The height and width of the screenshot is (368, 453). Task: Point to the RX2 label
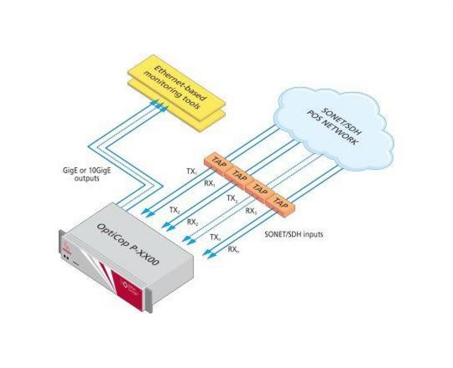193,221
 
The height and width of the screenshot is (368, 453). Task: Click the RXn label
234,249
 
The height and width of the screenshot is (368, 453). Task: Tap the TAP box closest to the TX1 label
218,163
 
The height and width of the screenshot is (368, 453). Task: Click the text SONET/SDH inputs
294,234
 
